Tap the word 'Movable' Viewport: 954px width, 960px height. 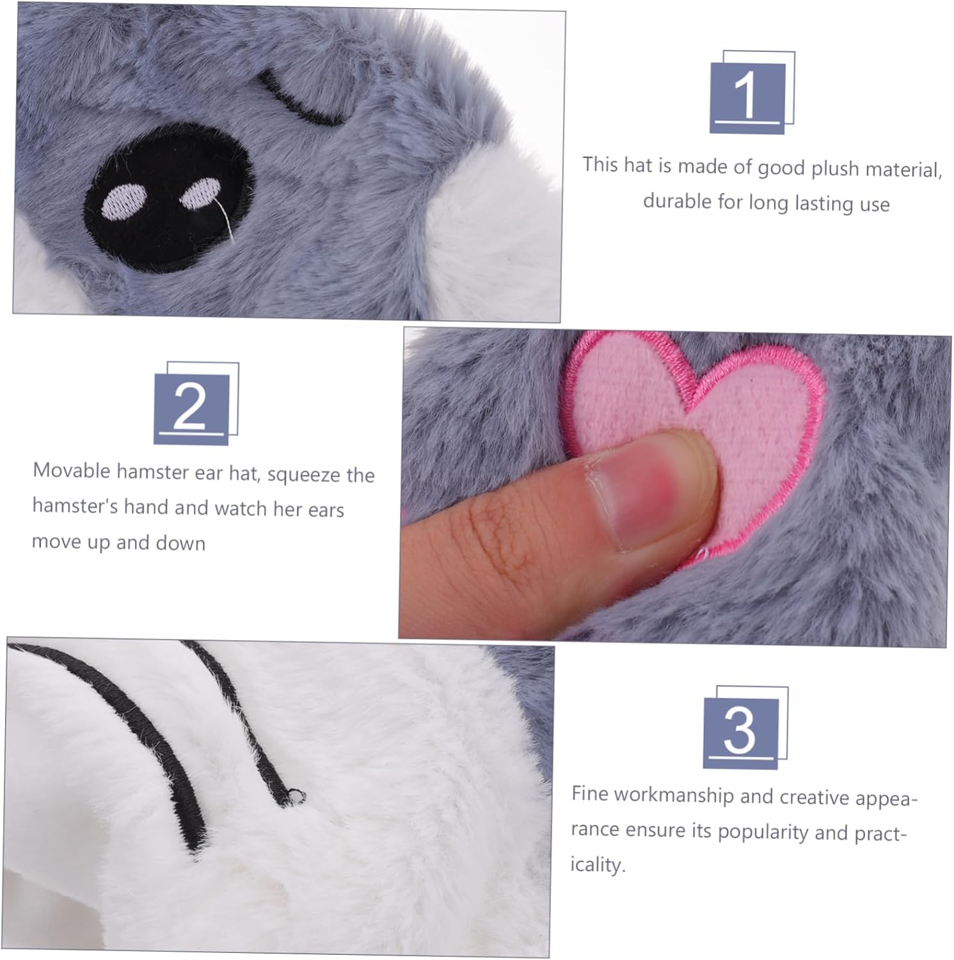point(72,470)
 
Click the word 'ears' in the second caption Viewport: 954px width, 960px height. point(326,510)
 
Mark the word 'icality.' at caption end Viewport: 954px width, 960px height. point(598,865)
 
